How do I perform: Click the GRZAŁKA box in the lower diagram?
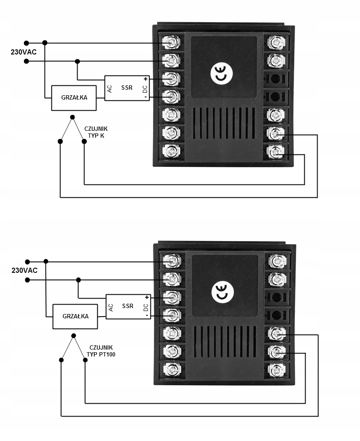[x=75, y=316]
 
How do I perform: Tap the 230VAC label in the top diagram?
[x=24, y=52]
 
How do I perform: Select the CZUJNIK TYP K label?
[x=96, y=132]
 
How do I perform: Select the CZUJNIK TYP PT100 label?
[x=101, y=351]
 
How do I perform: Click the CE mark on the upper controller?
[x=220, y=74]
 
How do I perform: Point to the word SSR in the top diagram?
[x=127, y=88]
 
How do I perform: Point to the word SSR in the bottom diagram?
[x=128, y=306]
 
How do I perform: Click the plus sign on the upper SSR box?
[x=145, y=79]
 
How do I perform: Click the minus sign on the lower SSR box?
[x=147, y=316]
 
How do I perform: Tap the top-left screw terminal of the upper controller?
[x=172, y=42]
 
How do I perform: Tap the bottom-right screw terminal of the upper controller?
[x=275, y=151]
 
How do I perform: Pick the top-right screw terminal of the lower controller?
[x=276, y=260]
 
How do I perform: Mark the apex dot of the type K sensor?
[x=72, y=117]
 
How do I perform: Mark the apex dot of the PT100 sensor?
[x=73, y=335]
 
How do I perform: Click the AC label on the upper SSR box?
[x=110, y=88]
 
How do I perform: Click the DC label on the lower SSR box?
[x=146, y=307]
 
